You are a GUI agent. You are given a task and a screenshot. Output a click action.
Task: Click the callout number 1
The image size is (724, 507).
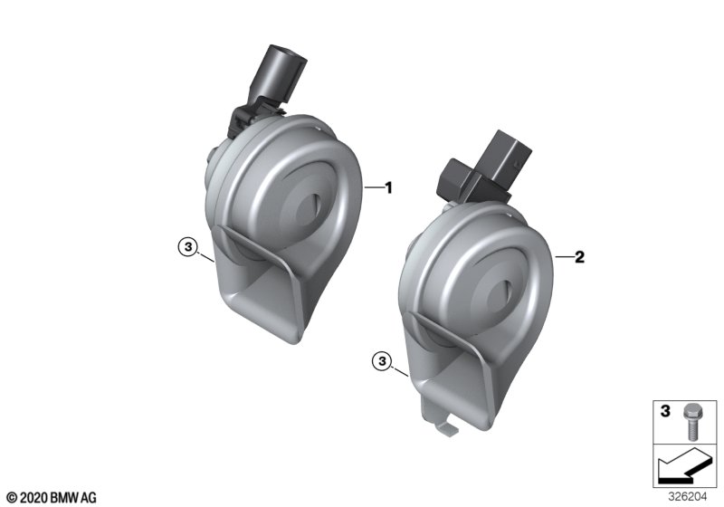click(389, 188)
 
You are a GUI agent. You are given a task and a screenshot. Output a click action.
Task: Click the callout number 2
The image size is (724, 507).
click(579, 257)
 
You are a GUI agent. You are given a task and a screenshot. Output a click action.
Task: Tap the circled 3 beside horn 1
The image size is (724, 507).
click(188, 246)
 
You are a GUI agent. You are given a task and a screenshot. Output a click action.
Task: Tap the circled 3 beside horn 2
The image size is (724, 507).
click(382, 361)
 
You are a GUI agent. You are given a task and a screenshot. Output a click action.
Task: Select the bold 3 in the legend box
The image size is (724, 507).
click(665, 410)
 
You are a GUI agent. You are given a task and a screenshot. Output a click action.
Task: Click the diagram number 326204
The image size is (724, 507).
click(688, 497)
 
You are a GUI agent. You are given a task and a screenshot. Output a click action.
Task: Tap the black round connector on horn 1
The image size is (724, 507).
click(279, 72)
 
